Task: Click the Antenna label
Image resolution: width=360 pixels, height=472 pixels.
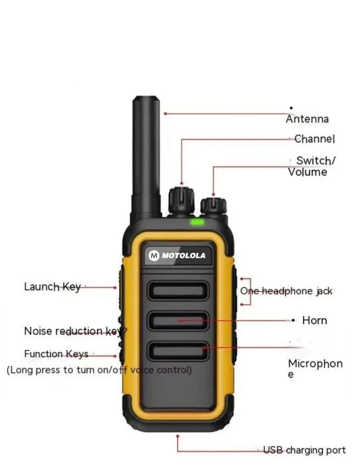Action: click(x=307, y=119)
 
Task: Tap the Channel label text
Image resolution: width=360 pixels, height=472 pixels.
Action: click(x=314, y=139)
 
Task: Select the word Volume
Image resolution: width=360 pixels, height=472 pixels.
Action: click(x=307, y=172)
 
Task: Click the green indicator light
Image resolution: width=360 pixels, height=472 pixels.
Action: click(x=197, y=222)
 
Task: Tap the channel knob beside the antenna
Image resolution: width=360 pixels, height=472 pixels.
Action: click(x=181, y=201)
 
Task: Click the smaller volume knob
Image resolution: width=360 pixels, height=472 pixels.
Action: click(x=214, y=206)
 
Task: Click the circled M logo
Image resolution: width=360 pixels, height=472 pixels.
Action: click(x=154, y=255)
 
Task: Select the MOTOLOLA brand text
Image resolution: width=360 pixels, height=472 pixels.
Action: click(x=184, y=255)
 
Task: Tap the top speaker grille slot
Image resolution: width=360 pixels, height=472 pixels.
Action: click(x=178, y=291)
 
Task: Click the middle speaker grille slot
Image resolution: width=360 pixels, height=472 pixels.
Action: click(x=178, y=321)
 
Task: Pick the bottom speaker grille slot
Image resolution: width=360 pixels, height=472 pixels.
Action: click(x=178, y=351)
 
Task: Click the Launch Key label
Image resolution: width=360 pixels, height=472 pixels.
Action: click(x=52, y=287)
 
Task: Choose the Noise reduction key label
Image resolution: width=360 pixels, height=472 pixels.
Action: click(x=76, y=331)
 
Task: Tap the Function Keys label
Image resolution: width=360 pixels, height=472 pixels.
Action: click(x=56, y=354)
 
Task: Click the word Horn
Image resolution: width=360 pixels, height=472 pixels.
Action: click(x=315, y=320)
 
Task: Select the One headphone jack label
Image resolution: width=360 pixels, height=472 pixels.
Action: click(x=286, y=291)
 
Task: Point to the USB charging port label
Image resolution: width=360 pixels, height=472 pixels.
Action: click(x=304, y=450)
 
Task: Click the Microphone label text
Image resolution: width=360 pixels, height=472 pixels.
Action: click(x=315, y=368)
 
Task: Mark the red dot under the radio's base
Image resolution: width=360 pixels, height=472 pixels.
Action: click(x=177, y=436)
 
